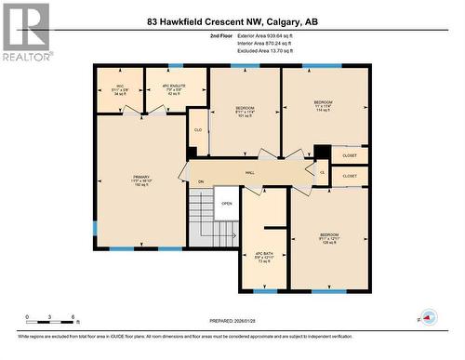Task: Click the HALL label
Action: [x=250, y=172]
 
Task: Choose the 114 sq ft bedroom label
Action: [x=323, y=105]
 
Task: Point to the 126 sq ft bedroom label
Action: [x=329, y=238]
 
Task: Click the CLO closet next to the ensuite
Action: [x=198, y=130]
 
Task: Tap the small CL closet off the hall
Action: [x=323, y=172]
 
